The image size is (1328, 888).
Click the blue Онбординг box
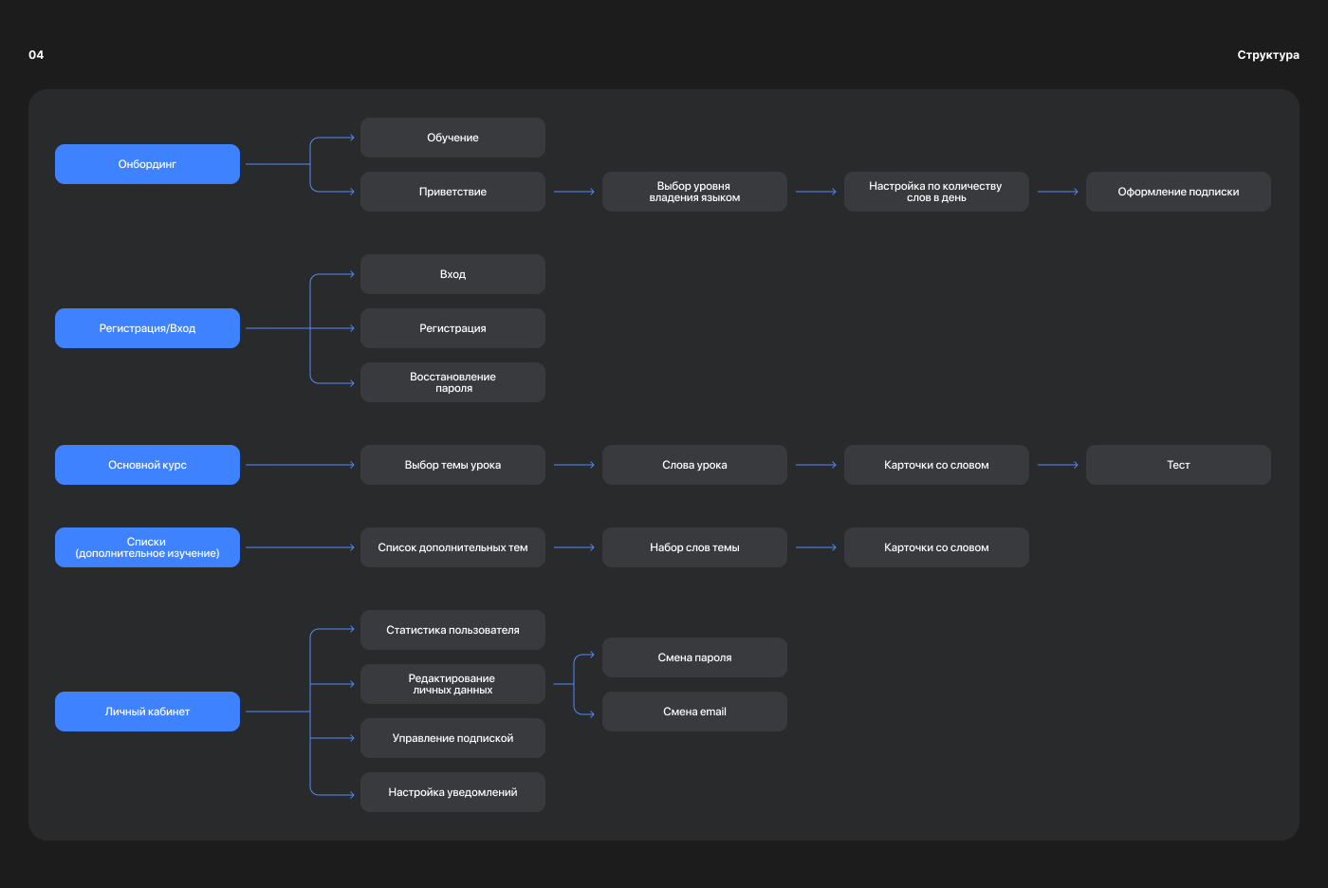(x=147, y=164)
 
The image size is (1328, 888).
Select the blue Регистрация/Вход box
(x=147, y=328)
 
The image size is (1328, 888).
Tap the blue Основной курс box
(x=147, y=465)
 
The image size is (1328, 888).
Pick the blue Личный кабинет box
(x=147, y=712)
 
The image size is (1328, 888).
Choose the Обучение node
(x=452, y=138)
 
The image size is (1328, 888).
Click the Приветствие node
(x=452, y=192)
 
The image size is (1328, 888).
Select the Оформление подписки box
(x=1178, y=192)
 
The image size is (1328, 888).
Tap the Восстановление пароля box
(x=452, y=382)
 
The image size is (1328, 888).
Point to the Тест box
(x=1178, y=465)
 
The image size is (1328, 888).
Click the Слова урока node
(x=694, y=465)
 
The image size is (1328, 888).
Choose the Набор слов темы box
(x=694, y=547)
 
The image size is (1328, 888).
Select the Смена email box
(x=694, y=712)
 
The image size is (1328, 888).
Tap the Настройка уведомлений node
(x=452, y=792)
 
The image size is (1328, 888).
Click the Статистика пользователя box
(x=452, y=630)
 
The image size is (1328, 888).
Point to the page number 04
(x=36, y=55)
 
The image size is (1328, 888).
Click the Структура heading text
(x=1268, y=55)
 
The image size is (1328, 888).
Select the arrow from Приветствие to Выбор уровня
(x=574, y=192)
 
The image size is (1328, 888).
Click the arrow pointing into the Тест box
(x=1058, y=465)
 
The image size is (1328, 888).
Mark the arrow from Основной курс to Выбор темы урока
(x=300, y=465)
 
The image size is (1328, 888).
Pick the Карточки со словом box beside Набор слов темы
(x=936, y=547)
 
